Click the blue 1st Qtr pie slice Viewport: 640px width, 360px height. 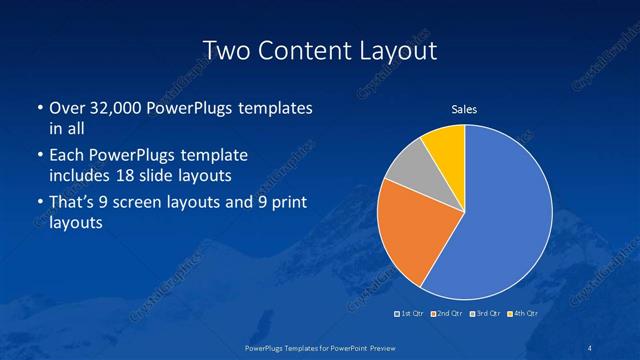[505, 215]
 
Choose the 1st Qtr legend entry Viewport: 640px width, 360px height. [410, 314]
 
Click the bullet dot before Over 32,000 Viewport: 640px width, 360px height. [38, 108]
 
